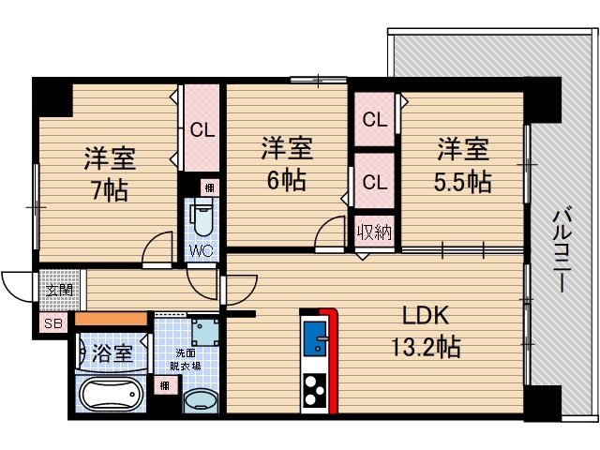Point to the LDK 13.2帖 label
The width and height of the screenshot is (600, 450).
tap(424, 331)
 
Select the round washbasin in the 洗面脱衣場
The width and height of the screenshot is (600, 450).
tap(199, 401)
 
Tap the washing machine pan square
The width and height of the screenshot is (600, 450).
tap(202, 333)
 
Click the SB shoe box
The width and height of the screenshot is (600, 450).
tap(51, 324)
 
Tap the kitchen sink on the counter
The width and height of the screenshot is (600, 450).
tap(314, 337)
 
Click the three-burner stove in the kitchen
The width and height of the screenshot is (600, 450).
tap(314, 389)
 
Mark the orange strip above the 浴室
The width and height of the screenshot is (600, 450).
tap(112, 320)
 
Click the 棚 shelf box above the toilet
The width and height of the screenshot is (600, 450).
tap(212, 187)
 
